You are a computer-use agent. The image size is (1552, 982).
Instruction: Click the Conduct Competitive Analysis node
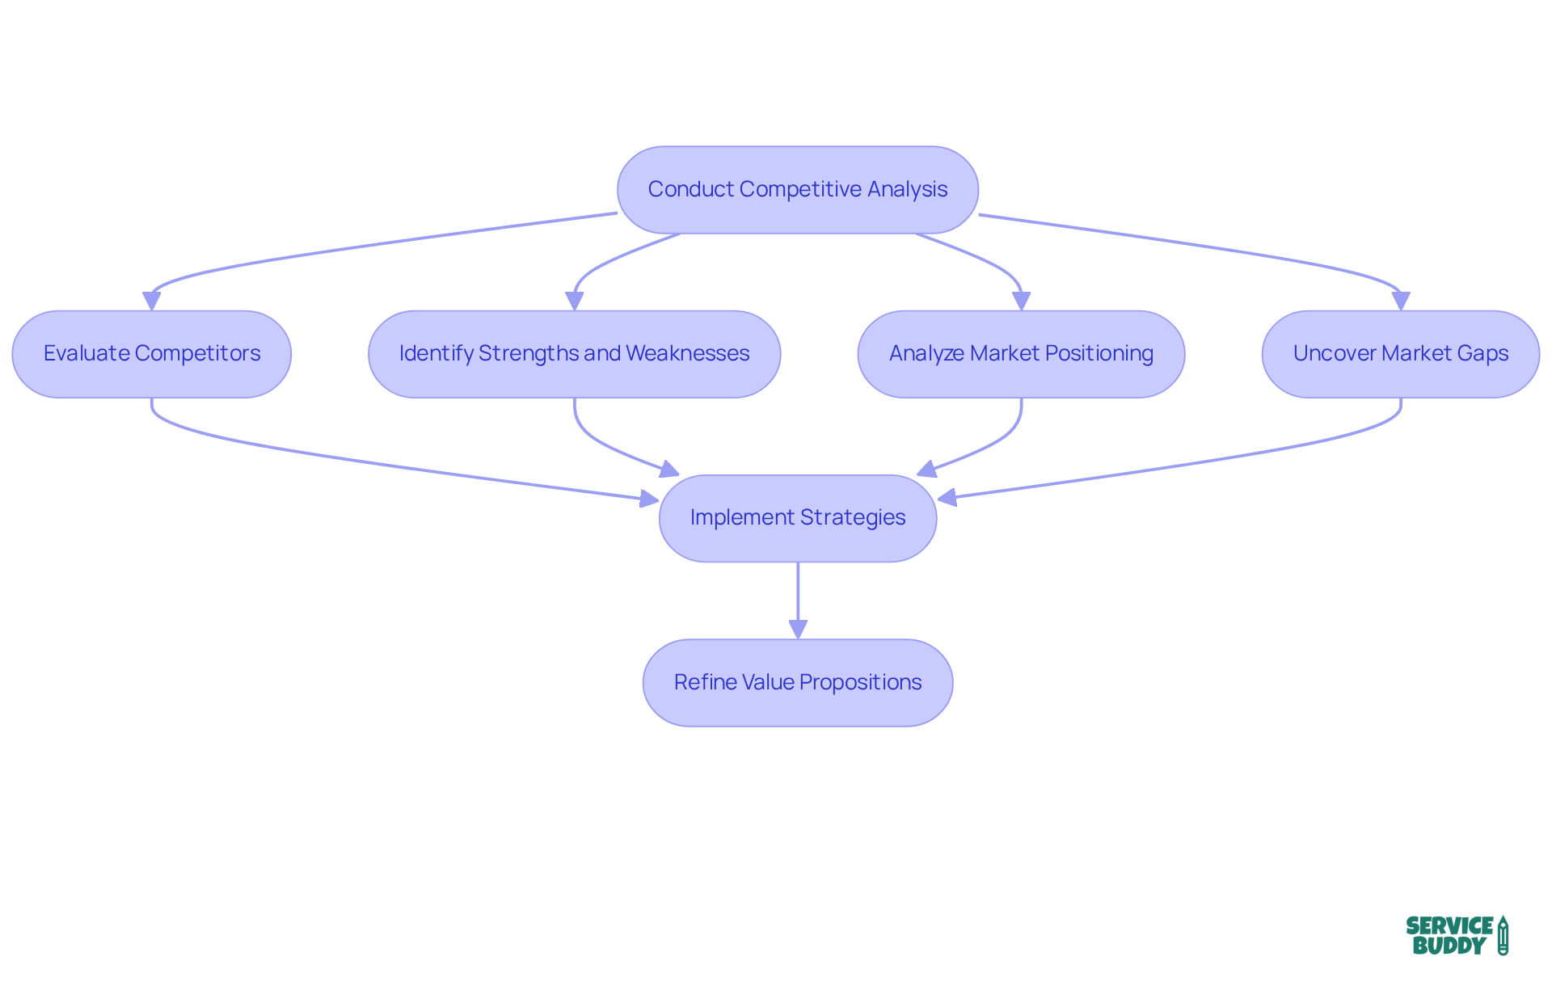pyautogui.click(x=797, y=190)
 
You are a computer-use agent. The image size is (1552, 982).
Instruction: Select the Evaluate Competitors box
pyautogui.click(x=151, y=354)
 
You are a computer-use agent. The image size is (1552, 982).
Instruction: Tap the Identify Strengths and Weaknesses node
pyautogui.click(x=574, y=354)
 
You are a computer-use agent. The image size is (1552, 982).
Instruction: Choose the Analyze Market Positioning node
pyautogui.click(x=1021, y=354)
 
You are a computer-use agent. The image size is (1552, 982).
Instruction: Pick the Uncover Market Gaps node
pyautogui.click(x=1400, y=354)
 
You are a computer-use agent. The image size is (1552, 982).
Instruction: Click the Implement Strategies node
pyautogui.click(x=797, y=518)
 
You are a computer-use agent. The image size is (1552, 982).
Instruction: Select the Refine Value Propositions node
pyautogui.click(x=797, y=682)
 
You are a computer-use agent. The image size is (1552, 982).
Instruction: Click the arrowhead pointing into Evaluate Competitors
pyautogui.click(x=151, y=301)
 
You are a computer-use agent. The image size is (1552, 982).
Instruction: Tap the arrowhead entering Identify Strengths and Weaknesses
pyautogui.click(x=574, y=301)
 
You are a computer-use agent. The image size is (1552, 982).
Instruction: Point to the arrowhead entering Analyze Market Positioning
pyautogui.click(x=1021, y=301)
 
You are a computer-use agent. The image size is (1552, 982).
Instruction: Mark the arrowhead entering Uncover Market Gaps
pyautogui.click(x=1400, y=301)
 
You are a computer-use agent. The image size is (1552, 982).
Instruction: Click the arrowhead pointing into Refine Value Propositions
pyautogui.click(x=798, y=629)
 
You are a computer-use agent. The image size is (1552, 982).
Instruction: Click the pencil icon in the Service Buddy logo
pyautogui.click(x=1503, y=935)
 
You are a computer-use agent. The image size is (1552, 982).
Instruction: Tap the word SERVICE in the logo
pyautogui.click(x=1449, y=925)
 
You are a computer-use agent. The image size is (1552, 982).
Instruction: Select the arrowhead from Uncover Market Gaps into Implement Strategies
pyautogui.click(x=947, y=498)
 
